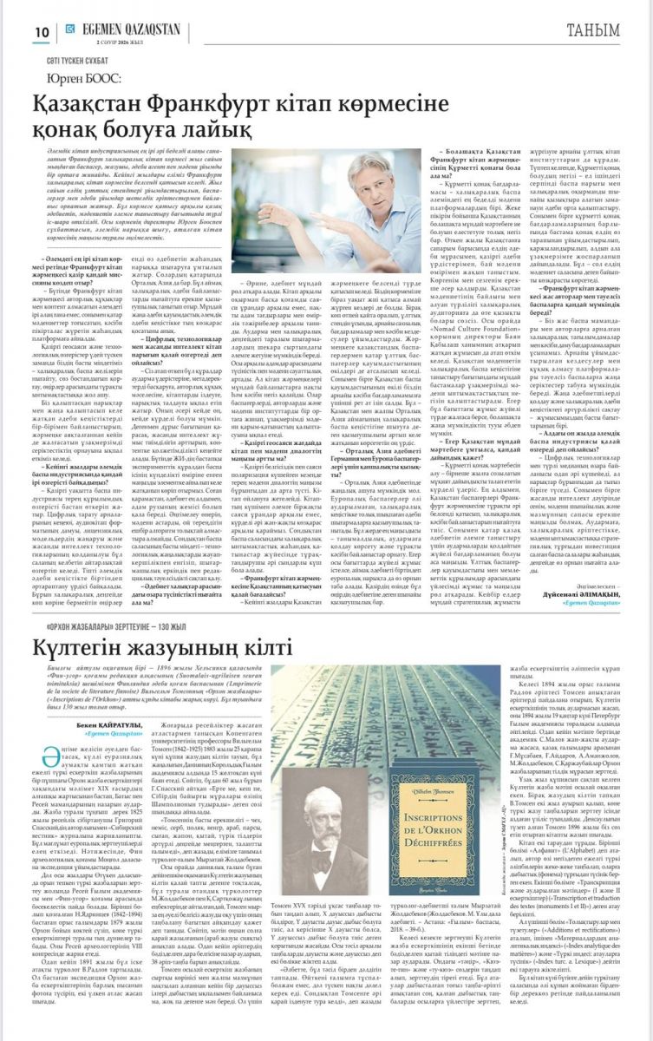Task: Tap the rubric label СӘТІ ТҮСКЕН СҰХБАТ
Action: tap(80, 62)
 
